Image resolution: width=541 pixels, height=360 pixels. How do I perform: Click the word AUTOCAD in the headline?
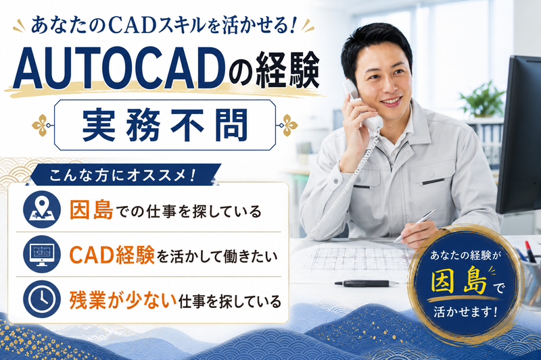[117, 68]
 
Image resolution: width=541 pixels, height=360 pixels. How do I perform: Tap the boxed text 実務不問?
[165, 125]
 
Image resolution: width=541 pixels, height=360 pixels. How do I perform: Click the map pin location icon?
[42, 209]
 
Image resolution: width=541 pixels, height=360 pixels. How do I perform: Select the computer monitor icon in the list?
[42, 254]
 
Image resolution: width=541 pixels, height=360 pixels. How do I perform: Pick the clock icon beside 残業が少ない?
[42, 299]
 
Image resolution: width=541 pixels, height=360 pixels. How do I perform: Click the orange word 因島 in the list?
[91, 210]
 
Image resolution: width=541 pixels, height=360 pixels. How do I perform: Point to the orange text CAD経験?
[112, 255]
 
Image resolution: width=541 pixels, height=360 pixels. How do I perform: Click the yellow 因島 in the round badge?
[459, 281]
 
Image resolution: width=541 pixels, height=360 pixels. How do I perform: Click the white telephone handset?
[362, 105]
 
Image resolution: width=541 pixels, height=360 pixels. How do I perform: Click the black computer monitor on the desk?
[519, 135]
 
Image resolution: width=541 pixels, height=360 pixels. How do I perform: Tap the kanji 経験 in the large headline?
[287, 69]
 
